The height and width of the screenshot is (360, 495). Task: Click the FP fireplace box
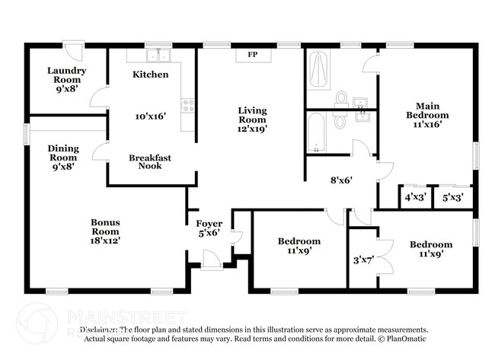coord(252,55)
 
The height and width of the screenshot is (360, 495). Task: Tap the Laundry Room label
coord(66,75)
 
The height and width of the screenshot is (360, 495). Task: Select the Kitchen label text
coord(145,75)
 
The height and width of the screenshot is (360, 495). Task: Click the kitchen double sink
coord(158,56)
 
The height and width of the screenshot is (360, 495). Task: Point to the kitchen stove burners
coord(187,106)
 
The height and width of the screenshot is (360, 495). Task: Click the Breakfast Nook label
coord(149,161)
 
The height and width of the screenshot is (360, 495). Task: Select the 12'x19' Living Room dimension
coord(251,129)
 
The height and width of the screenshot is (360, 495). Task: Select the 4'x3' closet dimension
coord(414,197)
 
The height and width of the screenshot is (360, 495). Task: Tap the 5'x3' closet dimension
coord(452,197)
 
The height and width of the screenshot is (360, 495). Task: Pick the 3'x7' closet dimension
coord(362,260)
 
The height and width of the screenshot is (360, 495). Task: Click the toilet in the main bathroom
coord(341,99)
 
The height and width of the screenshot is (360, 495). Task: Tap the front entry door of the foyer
coord(212,262)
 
